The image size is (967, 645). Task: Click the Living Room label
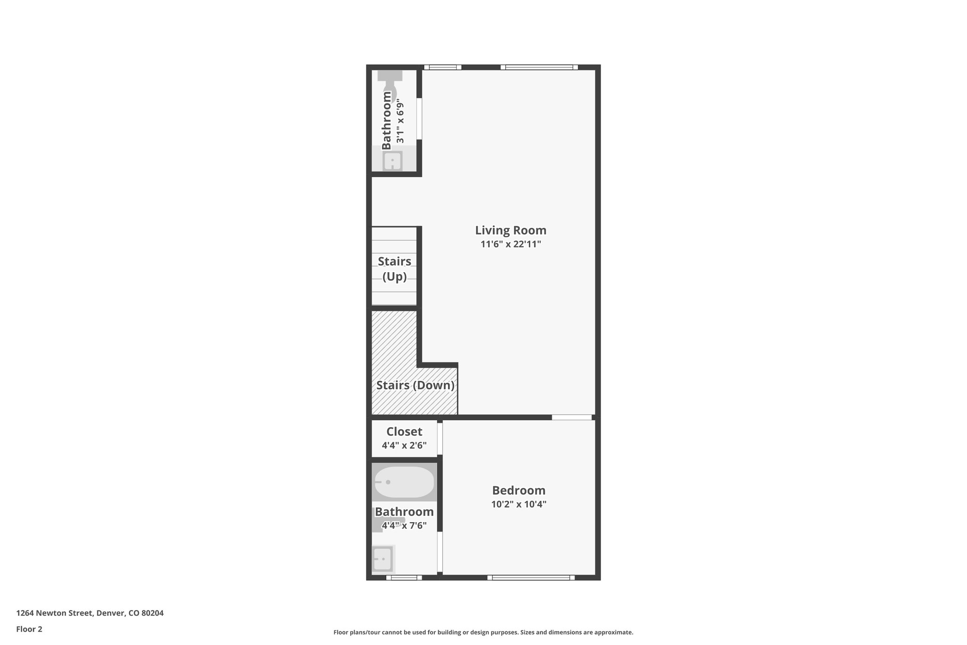click(x=510, y=230)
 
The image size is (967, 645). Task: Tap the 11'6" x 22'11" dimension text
click(x=510, y=244)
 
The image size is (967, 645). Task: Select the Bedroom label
click(x=518, y=490)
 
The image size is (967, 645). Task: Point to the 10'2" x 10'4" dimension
click(x=518, y=504)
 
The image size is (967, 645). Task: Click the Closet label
click(x=404, y=431)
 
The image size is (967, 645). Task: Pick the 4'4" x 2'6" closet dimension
click(x=404, y=445)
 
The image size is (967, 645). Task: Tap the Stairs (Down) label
click(x=415, y=385)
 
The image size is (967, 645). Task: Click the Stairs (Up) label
click(x=394, y=268)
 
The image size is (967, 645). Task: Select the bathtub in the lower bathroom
click(x=404, y=482)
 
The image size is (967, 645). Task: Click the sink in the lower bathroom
click(x=383, y=559)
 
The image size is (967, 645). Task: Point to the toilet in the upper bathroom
click(x=390, y=85)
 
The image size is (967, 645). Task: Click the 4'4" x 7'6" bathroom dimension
click(x=404, y=525)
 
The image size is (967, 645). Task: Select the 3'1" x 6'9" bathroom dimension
click(x=400, y=121)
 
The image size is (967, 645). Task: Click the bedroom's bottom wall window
click(x=531, y=577)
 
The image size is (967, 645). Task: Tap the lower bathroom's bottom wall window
click(x=404, y=577)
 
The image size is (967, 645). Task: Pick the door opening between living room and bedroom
click(x=572, y=417)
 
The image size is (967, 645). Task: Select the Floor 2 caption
click(x=29, y=629)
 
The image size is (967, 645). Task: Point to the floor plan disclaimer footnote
click(x=483, y=632)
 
